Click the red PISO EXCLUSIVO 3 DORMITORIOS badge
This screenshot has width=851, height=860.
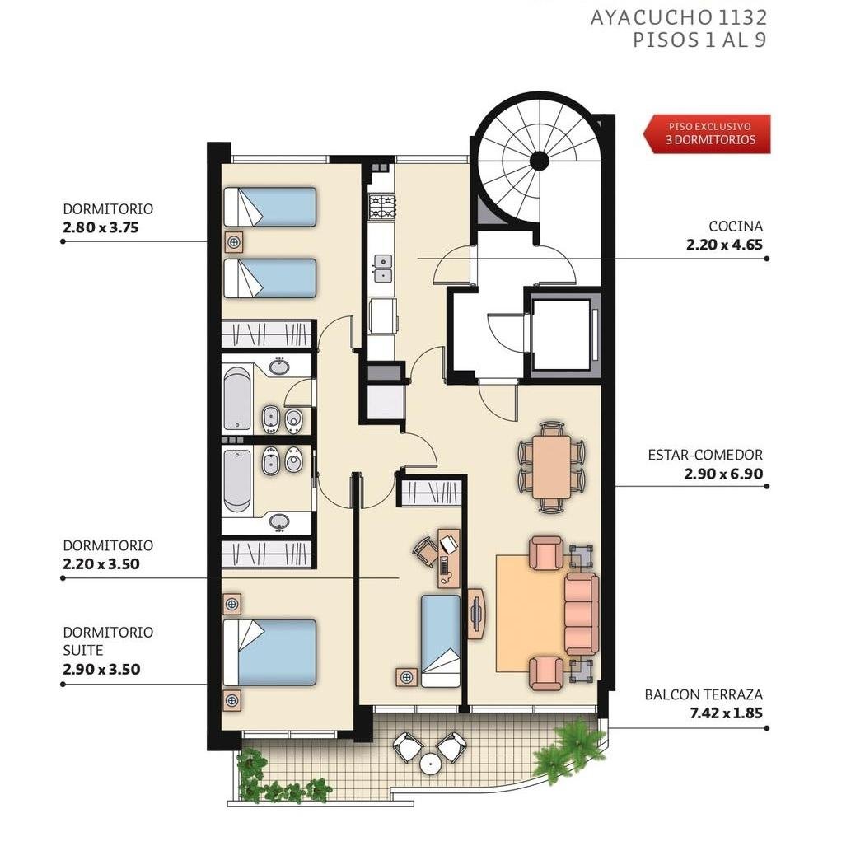pyautogui.click(x=708, y=133)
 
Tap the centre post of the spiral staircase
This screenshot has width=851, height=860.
pyautogui.click(x=540, y=161)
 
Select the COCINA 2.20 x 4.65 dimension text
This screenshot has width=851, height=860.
pyautogui.click(x=724, y=245)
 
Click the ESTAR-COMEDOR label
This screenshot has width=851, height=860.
pyautogui.click(x=705, y=455)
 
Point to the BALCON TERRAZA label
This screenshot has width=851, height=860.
pyautogui.click(x=704, y=695)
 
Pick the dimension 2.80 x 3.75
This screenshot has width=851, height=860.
pyautogui.click(x=101, y=227)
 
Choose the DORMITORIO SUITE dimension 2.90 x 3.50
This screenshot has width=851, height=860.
pyautogui.click(x=101, y=669)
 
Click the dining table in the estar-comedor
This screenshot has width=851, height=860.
pyautogui.click(x=551, y=467)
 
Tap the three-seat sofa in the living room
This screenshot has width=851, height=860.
pyautogui.click(x=582, y=614)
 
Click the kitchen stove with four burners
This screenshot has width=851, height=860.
pyautogui.click(x=382, y=207)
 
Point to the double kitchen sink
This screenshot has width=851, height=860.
pyautogui.click(x=382, y=269)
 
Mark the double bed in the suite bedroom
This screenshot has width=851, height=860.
pyautogui.click(x=270, y=652)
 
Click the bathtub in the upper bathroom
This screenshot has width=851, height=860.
pyautogui.click(x=237, y=399)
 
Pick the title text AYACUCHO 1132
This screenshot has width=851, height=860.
pyautogui.click(x=678, y=17)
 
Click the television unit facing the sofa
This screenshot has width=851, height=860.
pyautogui.click(x=475, y=615)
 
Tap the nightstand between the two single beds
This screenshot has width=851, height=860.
pyautogui.click(x=234, y=242)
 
